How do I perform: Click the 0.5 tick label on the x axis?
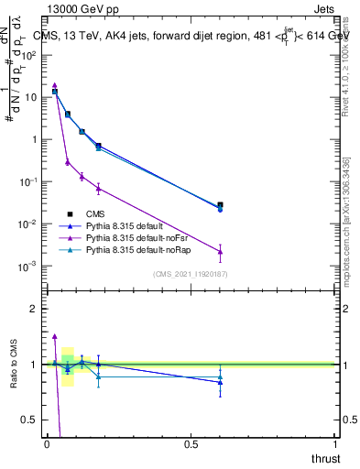tap(191, 444)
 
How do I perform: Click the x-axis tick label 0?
tap(48, 444)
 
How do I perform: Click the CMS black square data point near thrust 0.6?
tap(220, 205)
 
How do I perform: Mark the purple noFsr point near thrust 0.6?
tap(220, 251)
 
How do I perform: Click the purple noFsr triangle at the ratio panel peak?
tap(55, 336)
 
